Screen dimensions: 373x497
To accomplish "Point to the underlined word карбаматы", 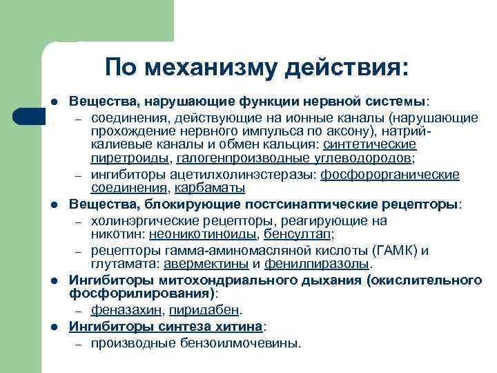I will pyautogui.click(x=210, y=188).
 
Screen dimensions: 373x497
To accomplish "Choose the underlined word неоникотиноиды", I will pyautogui.click(x=187, y=234).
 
